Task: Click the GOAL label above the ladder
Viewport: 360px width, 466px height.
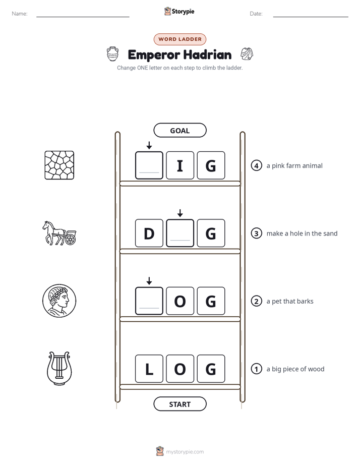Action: (179, 130)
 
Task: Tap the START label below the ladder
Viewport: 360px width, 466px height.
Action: (179, 404)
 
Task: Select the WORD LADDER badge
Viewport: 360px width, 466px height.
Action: (179, 39)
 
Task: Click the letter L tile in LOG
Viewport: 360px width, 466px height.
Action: (149, 369)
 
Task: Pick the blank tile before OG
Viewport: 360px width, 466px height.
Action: (149, 301)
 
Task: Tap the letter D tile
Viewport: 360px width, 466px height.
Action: (149, 233)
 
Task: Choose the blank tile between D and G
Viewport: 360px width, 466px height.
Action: (180, 233)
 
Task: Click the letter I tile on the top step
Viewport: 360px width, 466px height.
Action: (180, 165)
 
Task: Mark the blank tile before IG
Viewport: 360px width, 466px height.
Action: (149, 165)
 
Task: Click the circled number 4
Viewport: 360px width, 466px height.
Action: (256, 165)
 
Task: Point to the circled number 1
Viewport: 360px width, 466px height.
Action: (256, 369)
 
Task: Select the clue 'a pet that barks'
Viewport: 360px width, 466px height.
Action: (290, 301)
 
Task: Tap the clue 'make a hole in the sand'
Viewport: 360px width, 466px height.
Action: (302, 234)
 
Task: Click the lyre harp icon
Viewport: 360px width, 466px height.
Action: (59, 369)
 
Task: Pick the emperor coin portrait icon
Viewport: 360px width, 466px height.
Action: (59, 301)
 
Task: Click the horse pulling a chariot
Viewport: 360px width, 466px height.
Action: (59, 233)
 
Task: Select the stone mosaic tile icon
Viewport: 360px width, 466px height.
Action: (59, 165)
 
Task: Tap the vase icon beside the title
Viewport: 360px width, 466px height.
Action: (112, 54)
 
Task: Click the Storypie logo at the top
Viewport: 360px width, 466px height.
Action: (179, 11)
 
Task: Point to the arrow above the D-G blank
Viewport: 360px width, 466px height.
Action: (180, 213)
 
